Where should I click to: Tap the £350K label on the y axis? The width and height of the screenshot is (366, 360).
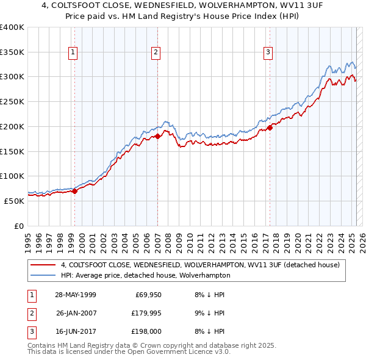tap(12, 52)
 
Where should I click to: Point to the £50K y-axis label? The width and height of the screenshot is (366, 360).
tap(15, 201)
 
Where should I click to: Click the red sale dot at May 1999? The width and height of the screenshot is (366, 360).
tap(75, 191)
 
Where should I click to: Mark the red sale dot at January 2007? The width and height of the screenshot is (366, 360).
tap(157, 136)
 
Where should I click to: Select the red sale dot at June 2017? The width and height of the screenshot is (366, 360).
tap(270, 128)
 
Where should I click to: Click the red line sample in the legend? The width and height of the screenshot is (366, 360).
tap(43, 265)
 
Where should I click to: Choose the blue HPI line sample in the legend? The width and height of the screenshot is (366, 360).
tap(43, 275)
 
